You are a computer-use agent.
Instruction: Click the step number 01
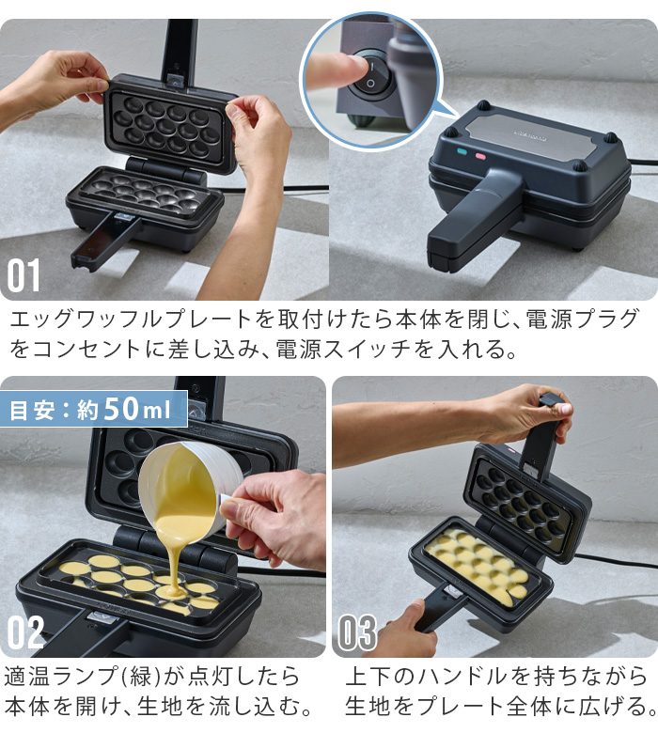click(25, 274)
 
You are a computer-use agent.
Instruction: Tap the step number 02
click(25, 632)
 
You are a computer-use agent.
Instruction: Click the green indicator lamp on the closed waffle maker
click(462, 153)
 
